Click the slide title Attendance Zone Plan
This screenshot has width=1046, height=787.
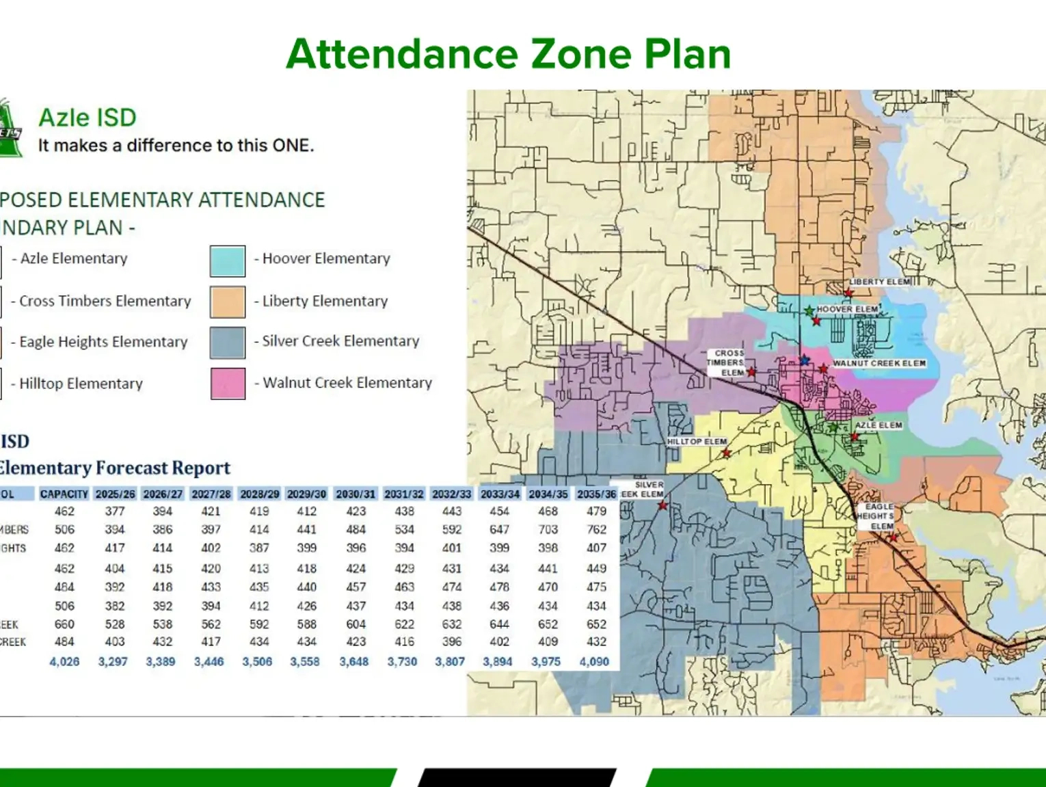[509, 54]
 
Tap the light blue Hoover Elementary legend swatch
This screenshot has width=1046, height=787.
[228, 261]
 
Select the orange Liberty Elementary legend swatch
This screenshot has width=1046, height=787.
[228, 302]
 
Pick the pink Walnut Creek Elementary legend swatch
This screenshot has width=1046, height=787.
[228, 384]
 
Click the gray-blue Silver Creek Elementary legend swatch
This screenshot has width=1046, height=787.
[228, 343]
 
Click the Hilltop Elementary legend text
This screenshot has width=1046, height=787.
[81, 384]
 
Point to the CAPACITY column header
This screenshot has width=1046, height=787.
[64, 494]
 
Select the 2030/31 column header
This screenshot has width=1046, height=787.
[356, 494]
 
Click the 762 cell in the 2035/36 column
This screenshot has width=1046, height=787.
[596, 529]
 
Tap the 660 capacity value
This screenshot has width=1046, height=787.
[64, 624]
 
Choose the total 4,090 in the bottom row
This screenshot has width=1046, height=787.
[594, 662]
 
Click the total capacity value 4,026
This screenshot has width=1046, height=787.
[64, 662]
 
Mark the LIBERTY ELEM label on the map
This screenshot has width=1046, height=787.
[880, 282]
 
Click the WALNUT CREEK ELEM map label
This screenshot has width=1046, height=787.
[879, 363]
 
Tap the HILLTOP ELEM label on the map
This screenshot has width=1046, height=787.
[697, 442]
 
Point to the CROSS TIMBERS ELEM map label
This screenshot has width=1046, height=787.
[727, 363]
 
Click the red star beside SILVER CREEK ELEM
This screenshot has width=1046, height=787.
[662, 506]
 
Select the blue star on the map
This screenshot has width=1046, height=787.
[805, 360]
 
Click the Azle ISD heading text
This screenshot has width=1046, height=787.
[88, 118]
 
